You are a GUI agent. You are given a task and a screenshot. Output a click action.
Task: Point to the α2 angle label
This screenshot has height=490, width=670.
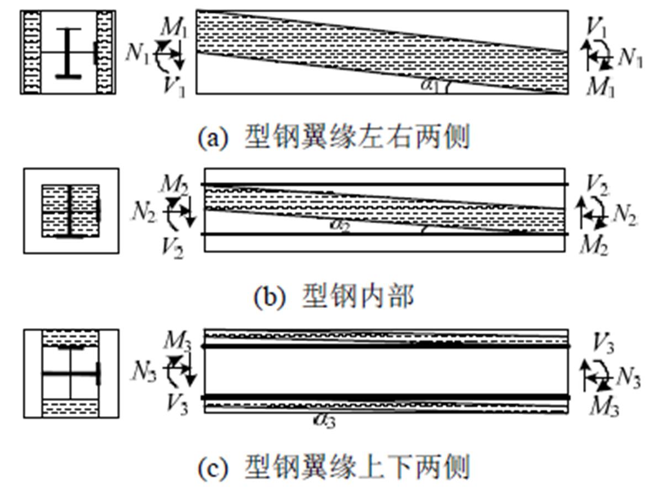point(339,225)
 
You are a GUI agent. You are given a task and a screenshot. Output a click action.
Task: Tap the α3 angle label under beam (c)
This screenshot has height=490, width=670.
point(324,420)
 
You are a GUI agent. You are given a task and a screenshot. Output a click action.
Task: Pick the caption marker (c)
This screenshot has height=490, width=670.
point(213,468)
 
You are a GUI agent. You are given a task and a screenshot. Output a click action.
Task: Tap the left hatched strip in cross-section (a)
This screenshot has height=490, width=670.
point(31,53)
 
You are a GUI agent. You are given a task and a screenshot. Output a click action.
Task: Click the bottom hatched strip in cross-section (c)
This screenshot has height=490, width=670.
point(71,408)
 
